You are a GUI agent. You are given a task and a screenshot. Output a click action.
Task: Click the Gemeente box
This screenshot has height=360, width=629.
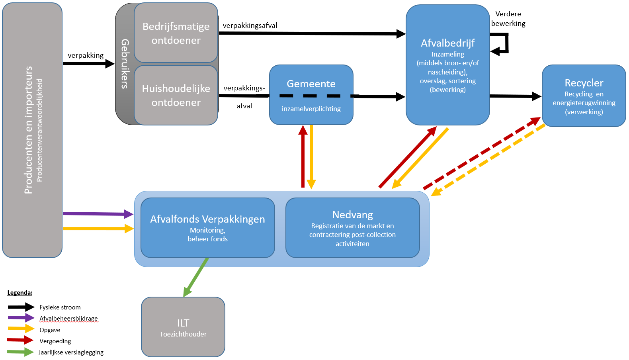click(x=311, y=95)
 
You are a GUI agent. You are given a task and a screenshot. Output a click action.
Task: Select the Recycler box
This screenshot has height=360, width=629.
click(x=584, y=96)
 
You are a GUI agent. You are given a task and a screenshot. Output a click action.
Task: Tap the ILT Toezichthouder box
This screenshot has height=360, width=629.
click(x=183, y=327)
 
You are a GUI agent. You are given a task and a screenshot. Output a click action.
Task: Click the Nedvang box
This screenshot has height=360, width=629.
click(x=353, y=228)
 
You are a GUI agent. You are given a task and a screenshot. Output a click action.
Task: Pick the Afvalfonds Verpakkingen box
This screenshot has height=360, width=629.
click(x=208, y=228)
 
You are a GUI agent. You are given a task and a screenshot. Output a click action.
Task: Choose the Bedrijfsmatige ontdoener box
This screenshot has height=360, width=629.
click(x=176, y=33)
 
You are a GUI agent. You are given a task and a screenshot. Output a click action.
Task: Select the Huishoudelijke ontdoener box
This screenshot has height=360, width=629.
click(x=176, y=95)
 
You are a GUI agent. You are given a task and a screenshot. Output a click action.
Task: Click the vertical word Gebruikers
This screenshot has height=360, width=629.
click(x=125, y=64)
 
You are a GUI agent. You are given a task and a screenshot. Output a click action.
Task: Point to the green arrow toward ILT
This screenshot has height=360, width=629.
click(x=196, y=277)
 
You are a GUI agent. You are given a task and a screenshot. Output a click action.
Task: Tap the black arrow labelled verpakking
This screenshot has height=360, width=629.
click(x=89, y=64)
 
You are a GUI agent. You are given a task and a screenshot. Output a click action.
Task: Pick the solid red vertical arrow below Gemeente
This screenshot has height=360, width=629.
click(x=303, y=156)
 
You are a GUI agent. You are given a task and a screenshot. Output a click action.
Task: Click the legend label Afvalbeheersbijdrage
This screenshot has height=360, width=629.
click(x=68, y=319)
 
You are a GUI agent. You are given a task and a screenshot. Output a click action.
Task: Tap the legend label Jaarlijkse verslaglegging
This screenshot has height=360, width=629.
click(x=71, y=352)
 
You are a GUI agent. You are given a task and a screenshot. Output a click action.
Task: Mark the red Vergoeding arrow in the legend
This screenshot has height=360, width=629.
click(x=20, y=340)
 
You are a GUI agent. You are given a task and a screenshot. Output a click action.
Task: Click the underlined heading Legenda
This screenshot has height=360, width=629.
click(x=20, y=293)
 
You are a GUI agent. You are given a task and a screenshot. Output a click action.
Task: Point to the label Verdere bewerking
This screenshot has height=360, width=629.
click(x=508, y=19)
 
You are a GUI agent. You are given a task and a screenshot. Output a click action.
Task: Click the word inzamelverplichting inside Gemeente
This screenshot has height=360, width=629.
click(x=311, y=109)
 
